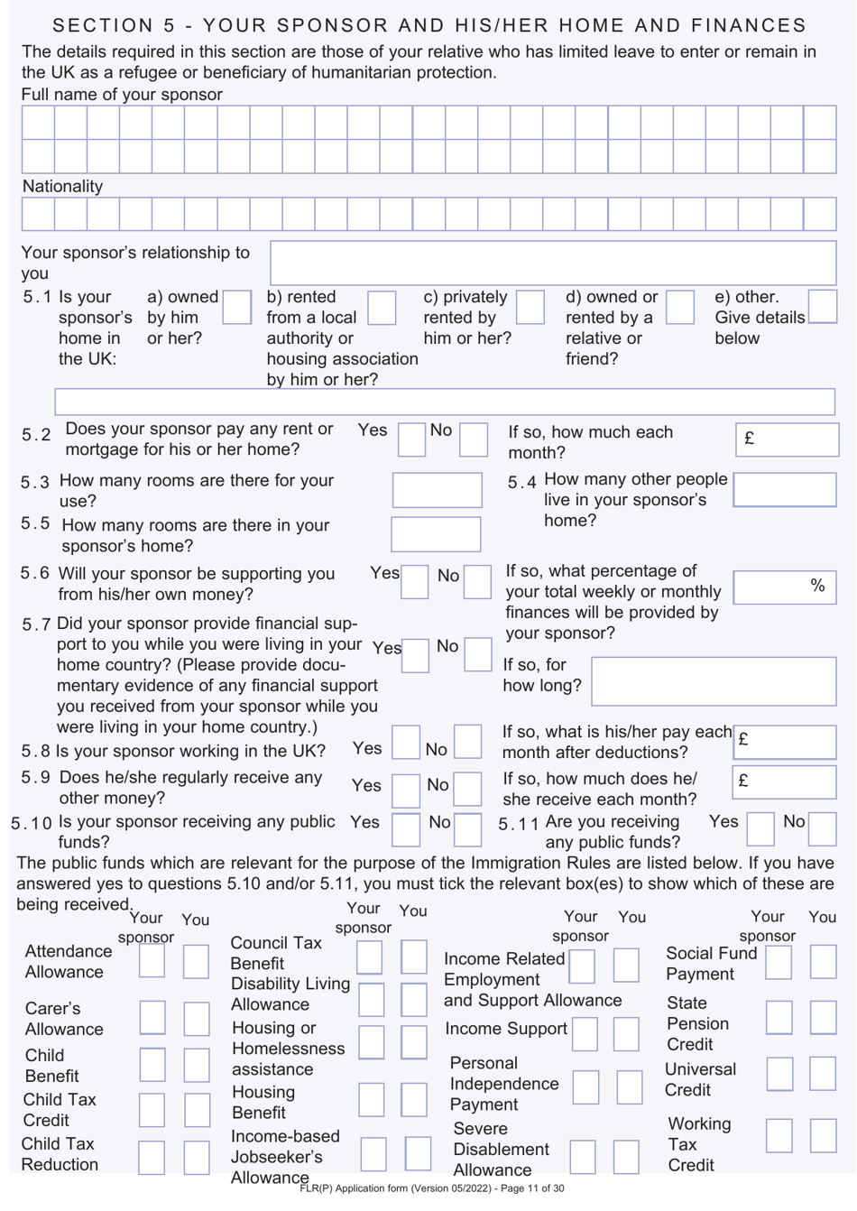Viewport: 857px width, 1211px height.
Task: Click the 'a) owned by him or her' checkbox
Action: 236,307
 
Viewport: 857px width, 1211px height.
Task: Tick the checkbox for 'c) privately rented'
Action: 530,307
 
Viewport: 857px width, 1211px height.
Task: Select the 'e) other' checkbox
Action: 822,307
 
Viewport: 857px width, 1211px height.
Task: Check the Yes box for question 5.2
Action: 411,439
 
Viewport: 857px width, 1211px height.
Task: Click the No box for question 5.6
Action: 477,582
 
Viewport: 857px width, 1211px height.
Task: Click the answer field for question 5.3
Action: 437,490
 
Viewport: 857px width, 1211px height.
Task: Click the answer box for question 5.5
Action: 436,534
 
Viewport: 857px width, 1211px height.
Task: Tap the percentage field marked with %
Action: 784,587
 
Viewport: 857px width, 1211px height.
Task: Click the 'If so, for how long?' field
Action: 714,680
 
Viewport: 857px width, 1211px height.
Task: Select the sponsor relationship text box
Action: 553,263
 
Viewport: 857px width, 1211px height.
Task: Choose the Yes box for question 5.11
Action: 760,828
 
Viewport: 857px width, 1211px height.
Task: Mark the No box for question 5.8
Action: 467,742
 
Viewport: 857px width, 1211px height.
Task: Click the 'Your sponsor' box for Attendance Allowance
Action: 152,961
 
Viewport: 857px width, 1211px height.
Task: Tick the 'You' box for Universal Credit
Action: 823,1074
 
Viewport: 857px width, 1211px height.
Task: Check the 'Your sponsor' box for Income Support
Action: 585,1034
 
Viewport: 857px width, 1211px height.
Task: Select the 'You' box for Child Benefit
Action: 196,1065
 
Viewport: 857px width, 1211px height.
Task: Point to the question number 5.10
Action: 32,823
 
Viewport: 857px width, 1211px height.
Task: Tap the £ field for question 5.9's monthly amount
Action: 784,781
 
